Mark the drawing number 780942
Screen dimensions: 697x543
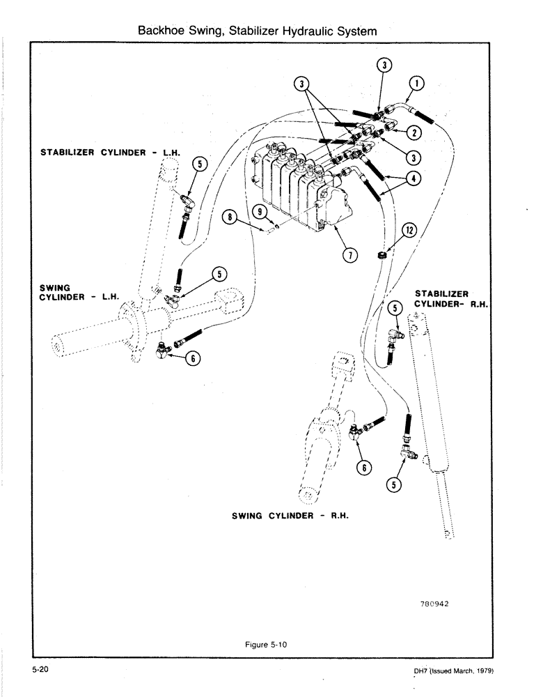coord(434,605)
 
